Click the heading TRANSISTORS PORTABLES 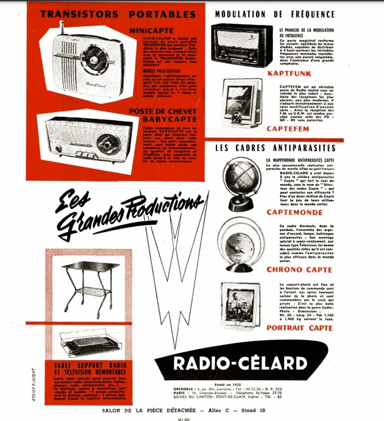click(118, 14)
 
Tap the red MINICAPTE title click(153, 29)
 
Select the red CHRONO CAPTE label click(300, 269)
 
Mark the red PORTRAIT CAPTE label click(300, 327)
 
